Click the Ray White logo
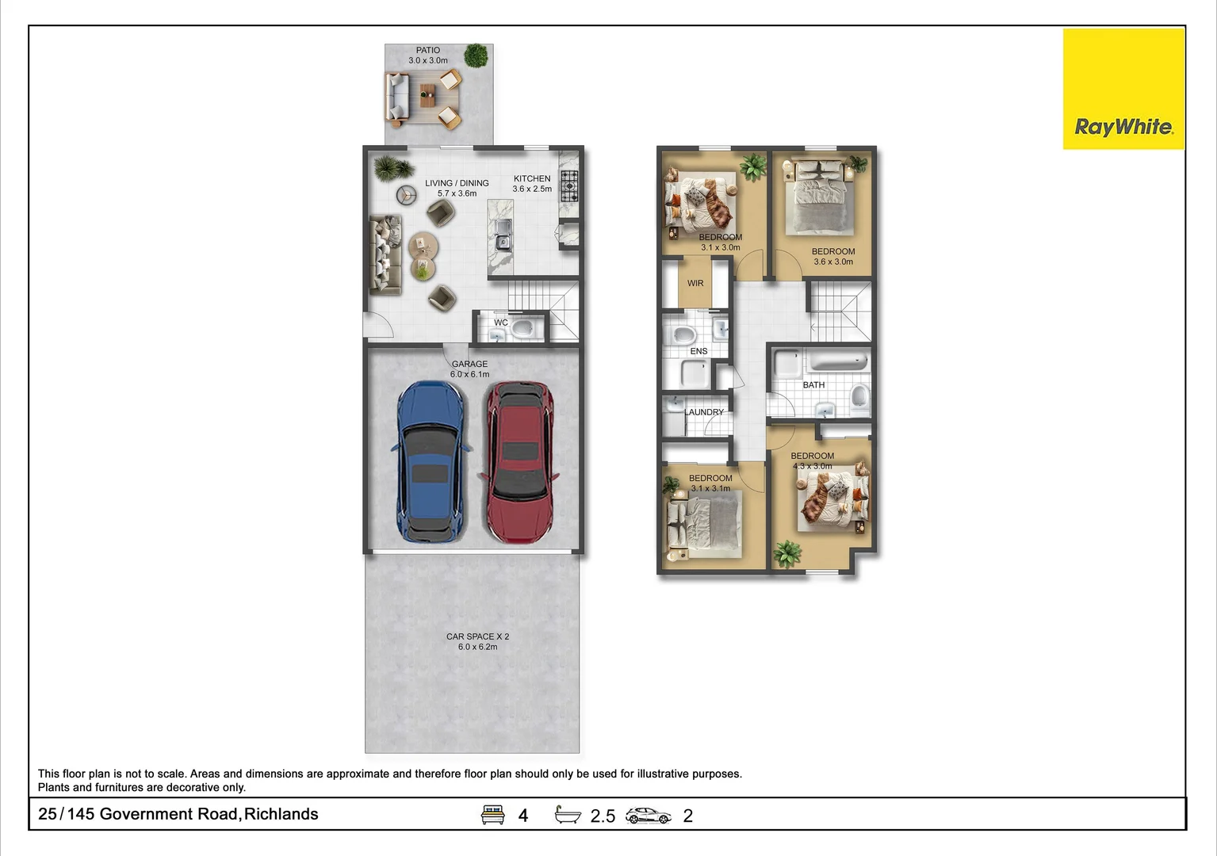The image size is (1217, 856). pos(1123,127)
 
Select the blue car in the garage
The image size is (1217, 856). pos(429,462)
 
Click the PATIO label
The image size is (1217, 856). pos(428,50)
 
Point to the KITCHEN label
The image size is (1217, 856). pos(532,178)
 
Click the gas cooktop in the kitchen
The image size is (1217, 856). pos(569,188)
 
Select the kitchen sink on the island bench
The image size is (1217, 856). pos(503,235)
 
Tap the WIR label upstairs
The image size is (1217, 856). pos(695,283)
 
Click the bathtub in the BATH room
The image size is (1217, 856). pos(838,362)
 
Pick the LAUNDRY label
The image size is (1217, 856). pos(704,412)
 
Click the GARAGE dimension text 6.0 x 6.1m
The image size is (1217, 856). pos(469,374)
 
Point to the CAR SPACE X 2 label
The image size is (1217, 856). pos(477,636)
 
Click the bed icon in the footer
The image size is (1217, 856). pos(493,815)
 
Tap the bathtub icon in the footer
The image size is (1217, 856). pos(568,815)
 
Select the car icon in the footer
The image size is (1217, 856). pos(648,816)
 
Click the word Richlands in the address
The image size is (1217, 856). pos(281,814)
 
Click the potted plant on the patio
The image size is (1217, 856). pos(476,55)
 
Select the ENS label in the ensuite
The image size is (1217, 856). pos(698,351)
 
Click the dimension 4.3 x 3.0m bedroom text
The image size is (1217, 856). pos(813,466)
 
